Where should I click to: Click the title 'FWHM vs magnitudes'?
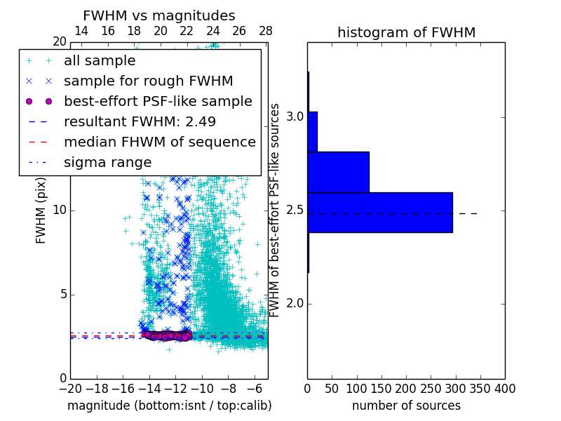click(x=159, y=16)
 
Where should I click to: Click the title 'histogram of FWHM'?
click(x=406, y=32)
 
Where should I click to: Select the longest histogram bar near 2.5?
click(x=379, y=212)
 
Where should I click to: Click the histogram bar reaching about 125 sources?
click(x=338, y=172)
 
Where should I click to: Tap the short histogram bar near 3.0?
click(x=313, y=131)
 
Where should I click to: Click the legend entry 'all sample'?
click(x=100, y=61)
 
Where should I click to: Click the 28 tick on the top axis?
click(x=266, y=31)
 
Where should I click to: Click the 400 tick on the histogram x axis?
click(x=505, y=388)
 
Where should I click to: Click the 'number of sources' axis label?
click(x=406, y=406)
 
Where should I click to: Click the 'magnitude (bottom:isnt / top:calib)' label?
click(x=169, y=406)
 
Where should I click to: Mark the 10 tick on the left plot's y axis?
click(x=60, y=210)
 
